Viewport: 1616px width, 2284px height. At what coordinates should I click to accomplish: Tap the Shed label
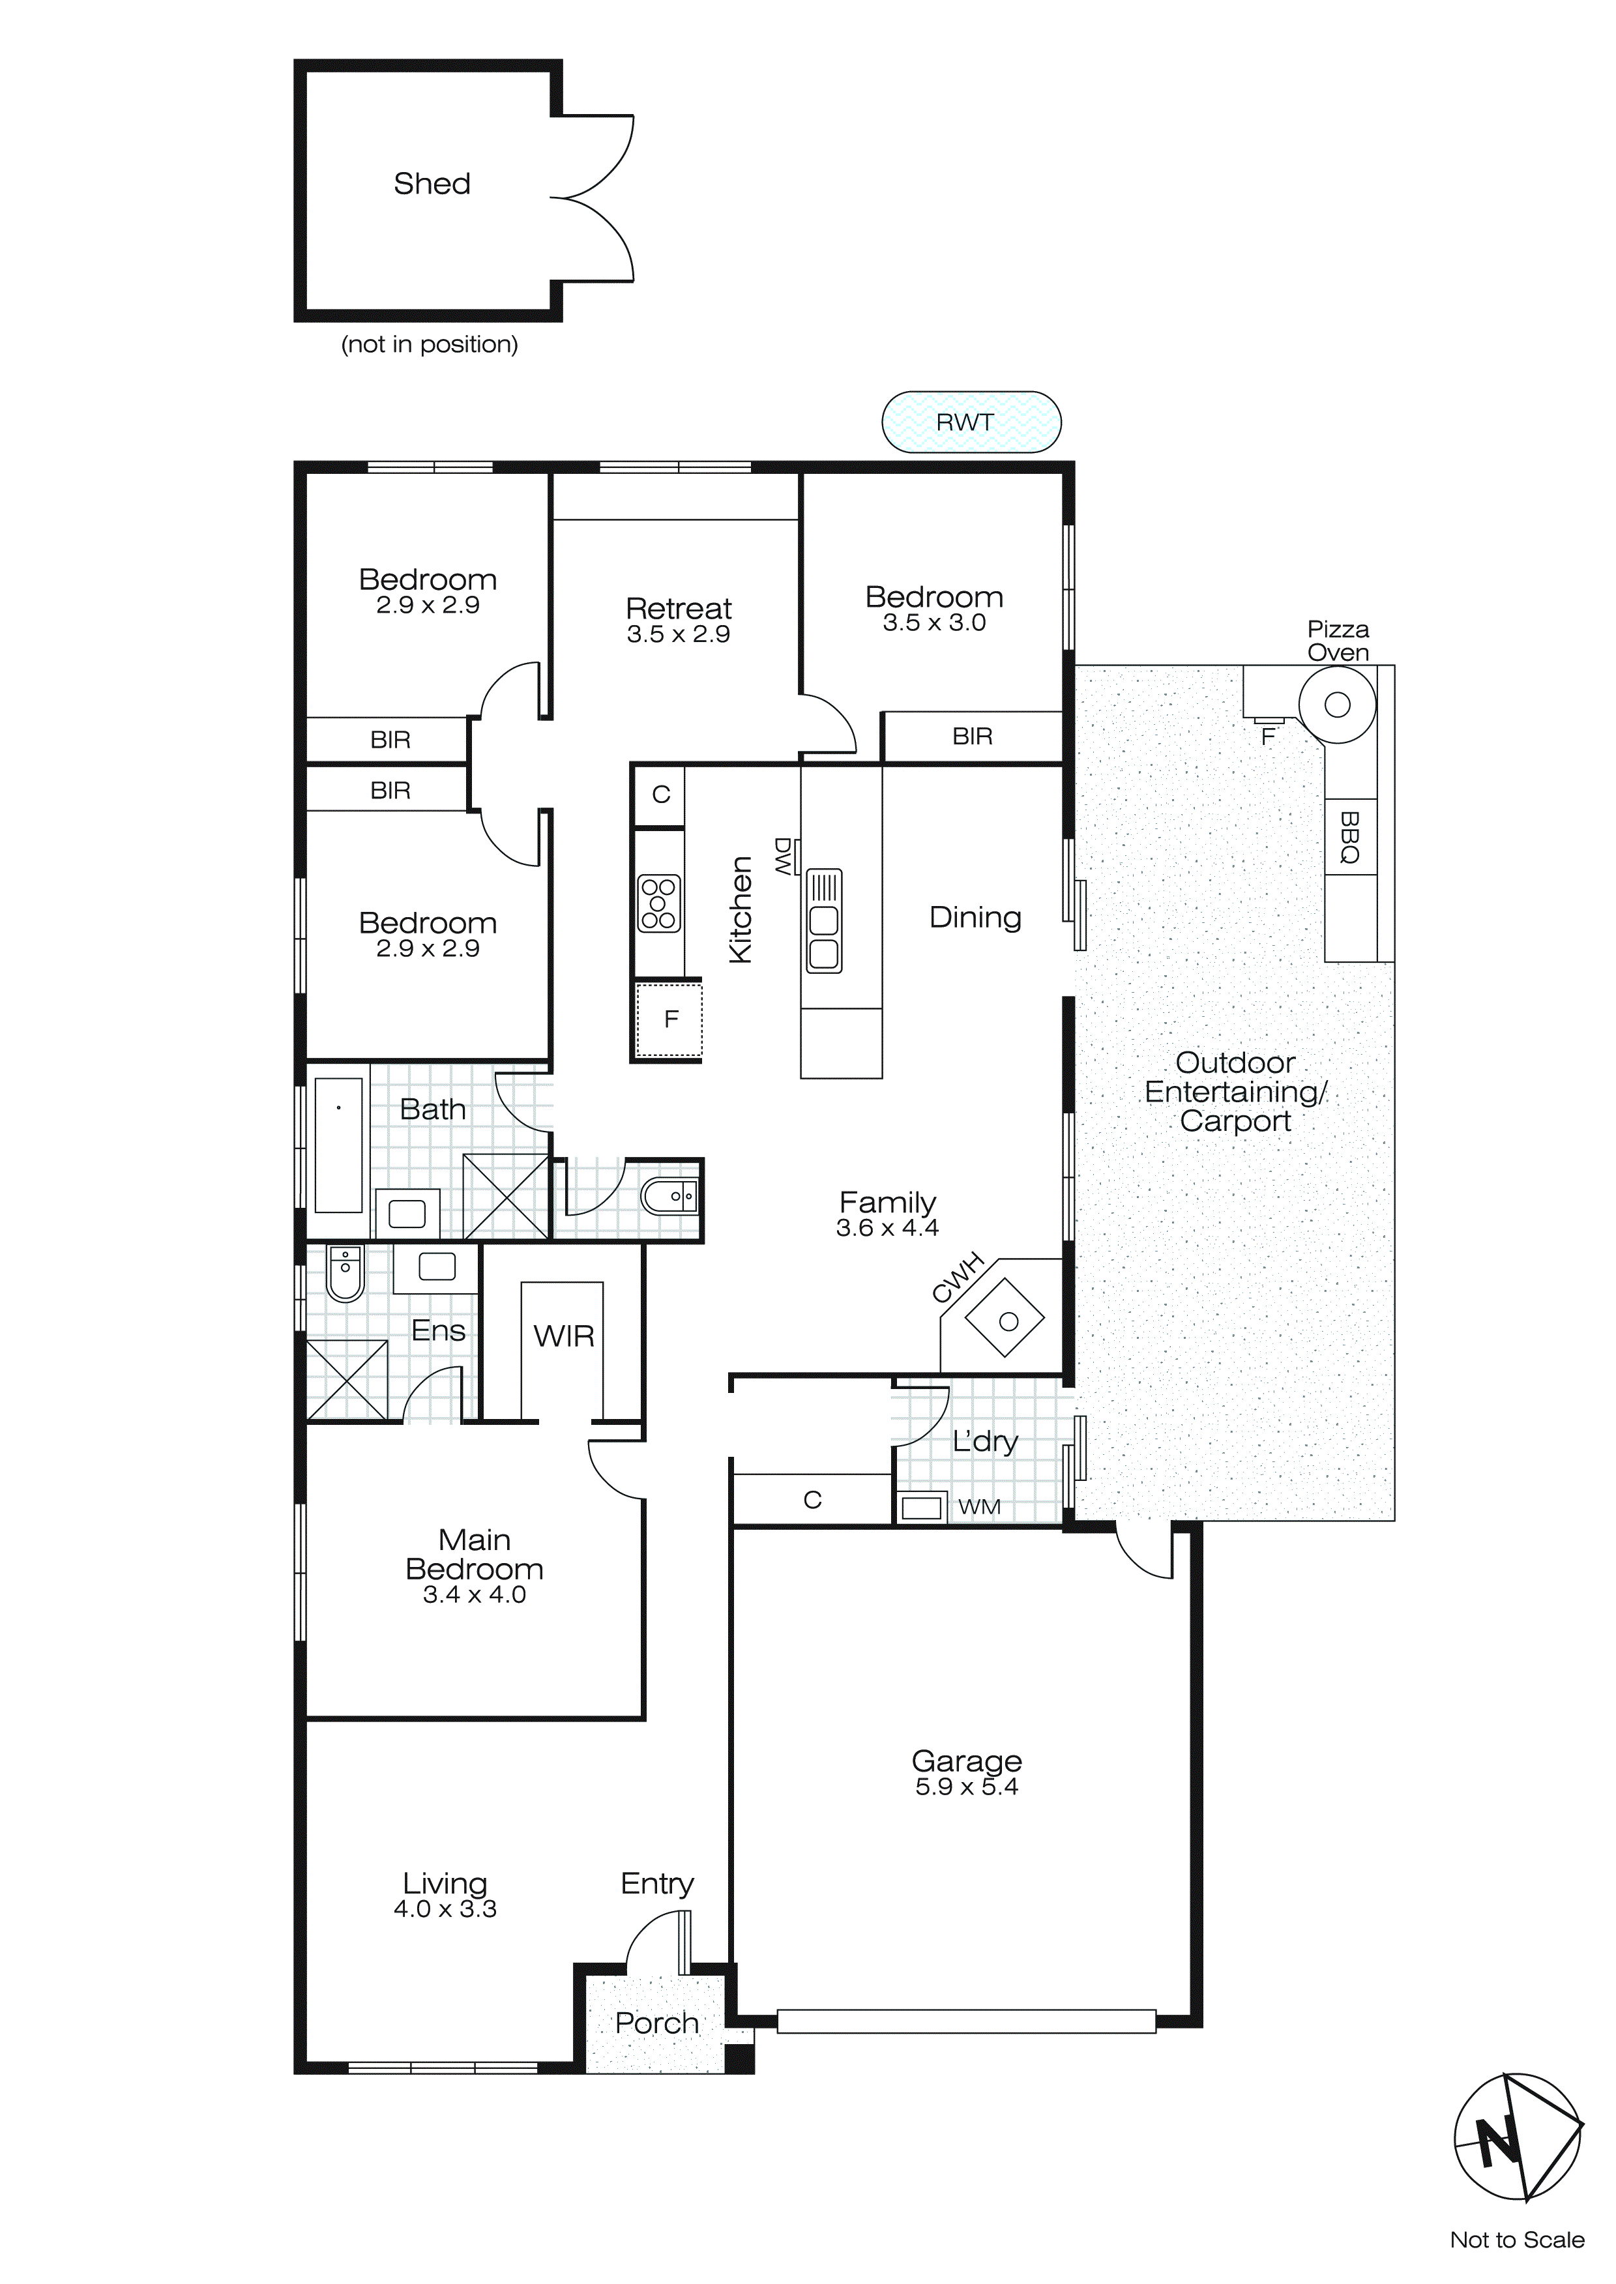[432, 184]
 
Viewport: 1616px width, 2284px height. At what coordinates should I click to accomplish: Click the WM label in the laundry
[979, 1507]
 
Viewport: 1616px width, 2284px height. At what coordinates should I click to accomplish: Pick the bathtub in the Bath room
[338, 1143]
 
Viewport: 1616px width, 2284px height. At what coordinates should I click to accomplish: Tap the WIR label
[563, 1336]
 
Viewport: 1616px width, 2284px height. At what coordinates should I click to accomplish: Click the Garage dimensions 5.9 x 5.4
[966, 1787]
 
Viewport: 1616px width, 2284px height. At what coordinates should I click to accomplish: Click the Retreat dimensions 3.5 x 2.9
[678, 635]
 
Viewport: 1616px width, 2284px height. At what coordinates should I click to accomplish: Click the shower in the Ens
[346, 1380]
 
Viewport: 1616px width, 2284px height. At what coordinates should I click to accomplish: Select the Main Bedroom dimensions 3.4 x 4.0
[474, 1594]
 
